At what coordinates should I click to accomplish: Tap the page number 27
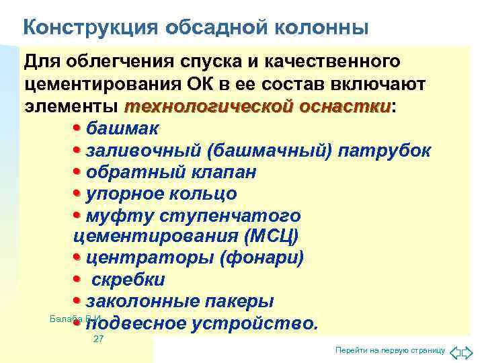click(x=98, y=339)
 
